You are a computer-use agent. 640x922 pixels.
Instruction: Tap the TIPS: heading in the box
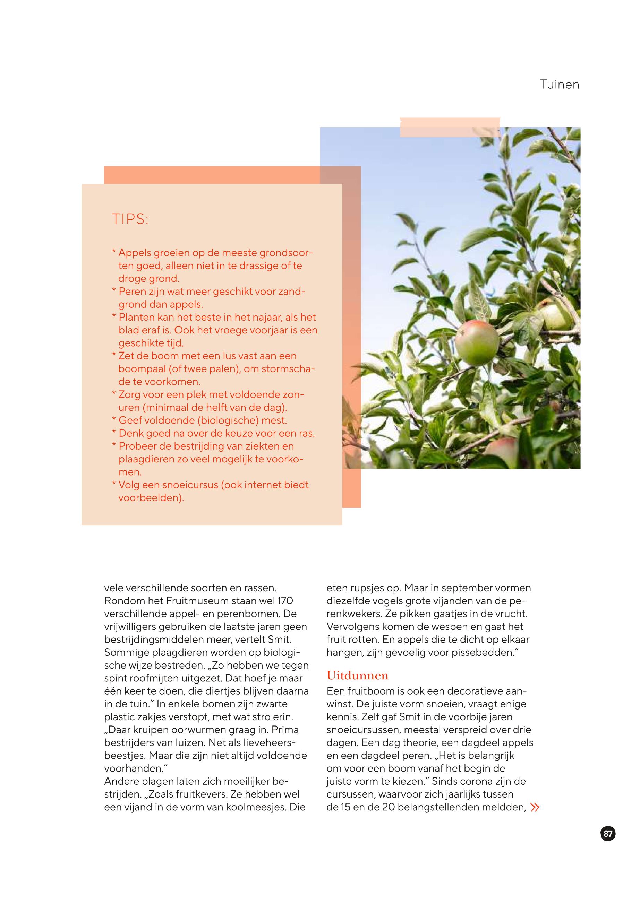coord(130,219)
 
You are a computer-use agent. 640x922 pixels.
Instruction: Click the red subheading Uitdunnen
coord(357,676)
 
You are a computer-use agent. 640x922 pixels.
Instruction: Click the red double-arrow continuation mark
coord(535,807)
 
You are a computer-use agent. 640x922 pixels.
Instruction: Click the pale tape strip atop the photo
coord(450,127)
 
